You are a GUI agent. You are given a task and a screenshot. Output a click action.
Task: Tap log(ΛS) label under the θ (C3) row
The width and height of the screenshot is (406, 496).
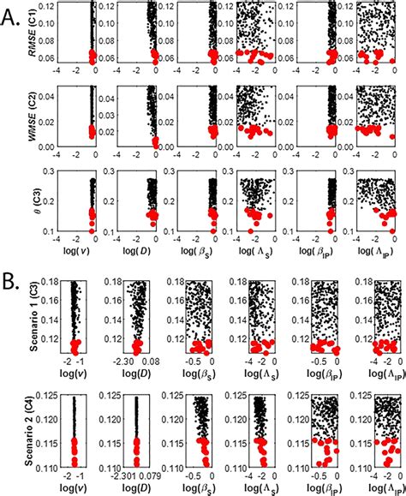point(255,259)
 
